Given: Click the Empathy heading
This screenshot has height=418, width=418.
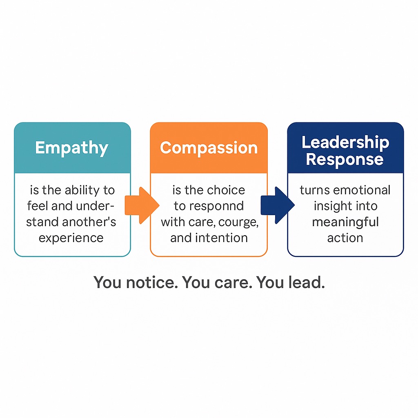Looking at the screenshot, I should tap(71, 148).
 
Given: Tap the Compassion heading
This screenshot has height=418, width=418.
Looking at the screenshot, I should tap(209, 148).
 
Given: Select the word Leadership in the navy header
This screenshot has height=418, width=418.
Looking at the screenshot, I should tap(345, 142).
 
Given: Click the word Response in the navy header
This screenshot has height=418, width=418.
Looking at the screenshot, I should tap(345, 159).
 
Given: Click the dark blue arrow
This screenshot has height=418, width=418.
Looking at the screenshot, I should tap(278, 206).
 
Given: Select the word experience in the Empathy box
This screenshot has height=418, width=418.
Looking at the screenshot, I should tap(71, 238).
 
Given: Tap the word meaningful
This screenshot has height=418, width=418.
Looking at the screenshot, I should tap(345, 222).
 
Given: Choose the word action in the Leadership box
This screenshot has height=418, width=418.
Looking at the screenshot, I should tap(345, 238).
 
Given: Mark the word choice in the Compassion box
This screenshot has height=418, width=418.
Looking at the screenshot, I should tap(226, 190).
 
